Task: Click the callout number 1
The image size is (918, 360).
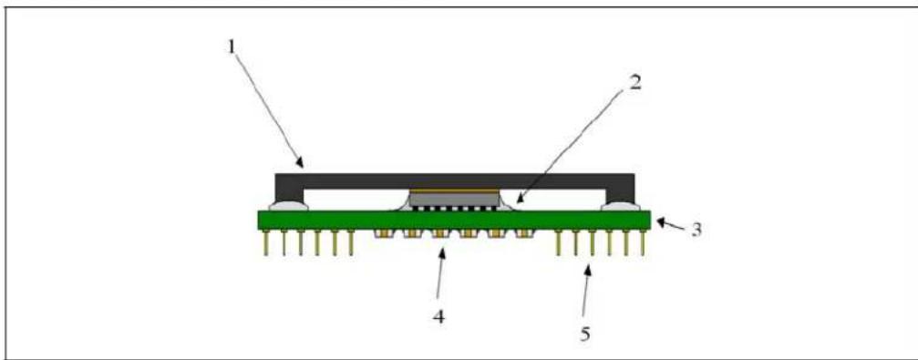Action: pos(232,46)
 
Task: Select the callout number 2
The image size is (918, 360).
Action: pos(634,83)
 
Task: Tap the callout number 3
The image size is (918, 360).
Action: pos(696,229)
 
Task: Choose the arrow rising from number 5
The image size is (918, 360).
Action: pos(588,293)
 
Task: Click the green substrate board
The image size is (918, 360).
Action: pos(454,220)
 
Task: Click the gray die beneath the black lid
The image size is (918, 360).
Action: pos(454,201)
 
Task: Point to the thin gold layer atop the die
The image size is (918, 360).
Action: pos(454,191)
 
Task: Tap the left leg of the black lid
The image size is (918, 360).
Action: pos(289,192)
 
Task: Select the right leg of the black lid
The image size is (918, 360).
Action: pos(621,192)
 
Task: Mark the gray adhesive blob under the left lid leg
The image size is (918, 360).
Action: pos(288,206)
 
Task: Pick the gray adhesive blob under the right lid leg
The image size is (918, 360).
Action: pos(623,206)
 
